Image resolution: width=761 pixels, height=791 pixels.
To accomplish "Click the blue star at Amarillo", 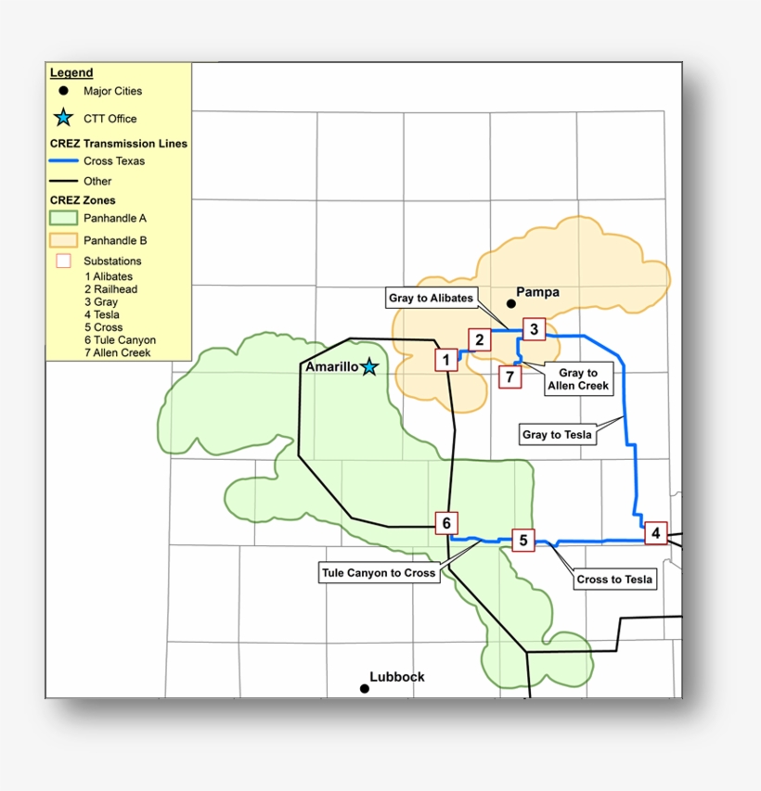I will click(x=369, y=367).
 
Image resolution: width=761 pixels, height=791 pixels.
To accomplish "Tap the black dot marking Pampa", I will click(x=510, y=303).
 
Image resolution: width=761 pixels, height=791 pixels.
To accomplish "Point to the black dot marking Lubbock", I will click(x=364, y=688).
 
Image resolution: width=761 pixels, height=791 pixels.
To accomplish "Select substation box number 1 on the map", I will click(x=446, y=360).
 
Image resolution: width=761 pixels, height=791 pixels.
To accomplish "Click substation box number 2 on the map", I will click(x=480, y=339).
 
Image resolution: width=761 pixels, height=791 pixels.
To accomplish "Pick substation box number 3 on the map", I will click(x=533, y=328).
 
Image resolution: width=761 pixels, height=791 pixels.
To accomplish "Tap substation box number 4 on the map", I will click(x=656, y=533).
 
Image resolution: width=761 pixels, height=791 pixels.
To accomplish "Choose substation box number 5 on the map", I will click(x=523, y=541).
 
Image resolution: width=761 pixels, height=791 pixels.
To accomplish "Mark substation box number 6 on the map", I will click(x=446, y=524).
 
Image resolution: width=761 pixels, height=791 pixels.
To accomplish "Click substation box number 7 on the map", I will click(x=509, y=376).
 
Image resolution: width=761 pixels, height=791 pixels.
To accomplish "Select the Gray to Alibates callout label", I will click(x=432, y=299).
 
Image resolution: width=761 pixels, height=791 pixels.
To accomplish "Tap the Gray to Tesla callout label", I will click(x=557, y=434).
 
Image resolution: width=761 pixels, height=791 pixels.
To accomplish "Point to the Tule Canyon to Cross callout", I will click(x=379, y=573).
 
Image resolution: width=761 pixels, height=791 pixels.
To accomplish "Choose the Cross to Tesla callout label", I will click(x=614, y=580).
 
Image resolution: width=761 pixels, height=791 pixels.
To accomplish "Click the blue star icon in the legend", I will click(x=63, y=118).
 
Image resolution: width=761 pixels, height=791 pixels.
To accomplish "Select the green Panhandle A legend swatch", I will click(x=63, y=219).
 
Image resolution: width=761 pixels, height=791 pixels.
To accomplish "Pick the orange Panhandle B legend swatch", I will click(x=63, y=240).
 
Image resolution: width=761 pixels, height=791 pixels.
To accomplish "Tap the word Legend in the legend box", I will click(x=71, y=72).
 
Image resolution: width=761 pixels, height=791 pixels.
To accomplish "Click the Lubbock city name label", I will click(x=397, y=677).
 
